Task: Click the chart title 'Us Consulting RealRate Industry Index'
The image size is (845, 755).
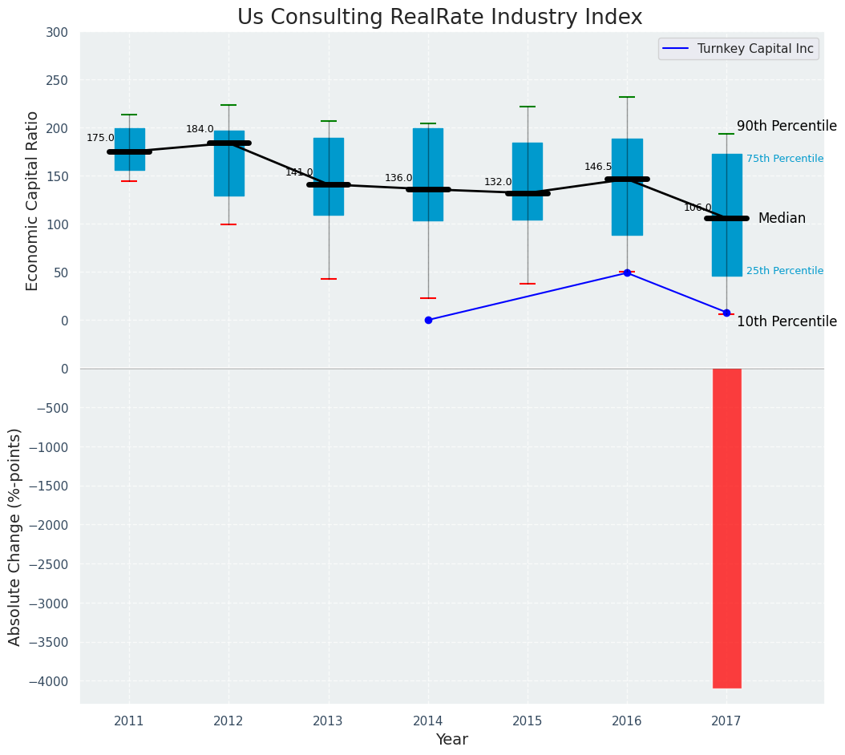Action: [439, 18]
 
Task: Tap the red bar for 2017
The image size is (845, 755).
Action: [727, 527]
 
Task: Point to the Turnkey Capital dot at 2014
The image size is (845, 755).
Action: [428, 320]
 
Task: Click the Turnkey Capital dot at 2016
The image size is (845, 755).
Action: [627, 273]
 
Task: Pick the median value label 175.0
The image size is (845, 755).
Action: [100, 138]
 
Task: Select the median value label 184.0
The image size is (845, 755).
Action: [200, 129]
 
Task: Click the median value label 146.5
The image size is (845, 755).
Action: [598, 167]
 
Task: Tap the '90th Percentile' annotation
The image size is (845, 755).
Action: [786, 127]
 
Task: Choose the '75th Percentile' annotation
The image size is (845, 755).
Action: [785, 159]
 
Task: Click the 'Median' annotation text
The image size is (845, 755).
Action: [782, 218]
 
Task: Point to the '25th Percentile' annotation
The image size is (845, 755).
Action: [785, 271]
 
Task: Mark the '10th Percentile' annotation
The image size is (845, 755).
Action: [786, 321]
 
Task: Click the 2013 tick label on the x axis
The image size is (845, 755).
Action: [328, 721]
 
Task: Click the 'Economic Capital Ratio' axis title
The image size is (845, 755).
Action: [33, 200]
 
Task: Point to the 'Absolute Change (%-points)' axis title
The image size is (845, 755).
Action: [15, 536]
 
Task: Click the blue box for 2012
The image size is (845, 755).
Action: [229, 164]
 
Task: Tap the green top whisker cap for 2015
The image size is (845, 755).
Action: [528, 107]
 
